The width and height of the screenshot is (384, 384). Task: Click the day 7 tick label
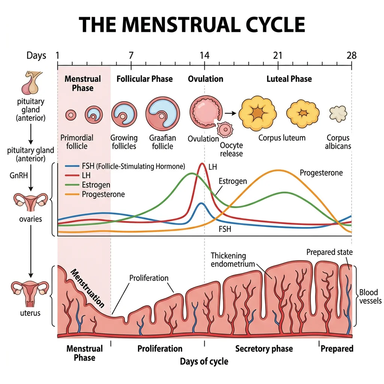click(131, 56)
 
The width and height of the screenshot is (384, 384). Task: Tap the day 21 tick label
click(277, 56)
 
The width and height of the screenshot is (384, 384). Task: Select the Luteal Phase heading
click(289, 79)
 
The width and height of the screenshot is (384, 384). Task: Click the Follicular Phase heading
click(144, 79)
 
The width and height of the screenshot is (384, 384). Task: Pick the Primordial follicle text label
click(77, 142)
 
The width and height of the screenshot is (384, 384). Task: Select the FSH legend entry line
click(73, 166)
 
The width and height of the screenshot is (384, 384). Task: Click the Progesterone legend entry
click(103, 194)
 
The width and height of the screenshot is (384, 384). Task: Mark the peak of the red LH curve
click(202, 163)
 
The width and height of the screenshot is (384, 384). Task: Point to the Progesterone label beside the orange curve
click(321, 173)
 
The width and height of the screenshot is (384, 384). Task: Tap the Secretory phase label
click(264, 349)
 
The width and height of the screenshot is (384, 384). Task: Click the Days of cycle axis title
click(204, 361)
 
